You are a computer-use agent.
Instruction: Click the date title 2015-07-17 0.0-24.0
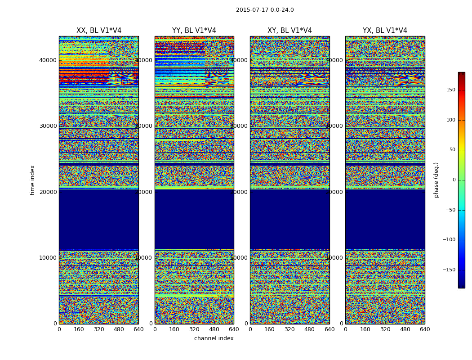[265, 10]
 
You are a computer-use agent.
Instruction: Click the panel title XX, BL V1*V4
[99, 31]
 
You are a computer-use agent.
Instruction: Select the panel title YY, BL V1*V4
[194, 31]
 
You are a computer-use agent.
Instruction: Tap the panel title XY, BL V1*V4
[289, 31]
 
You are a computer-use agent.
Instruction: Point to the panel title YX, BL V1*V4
[385, 31]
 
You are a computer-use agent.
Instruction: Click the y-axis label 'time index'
[32, 180]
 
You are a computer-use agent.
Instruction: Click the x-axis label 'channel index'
[214, 338]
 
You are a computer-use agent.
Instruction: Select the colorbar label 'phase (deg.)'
[436, 180]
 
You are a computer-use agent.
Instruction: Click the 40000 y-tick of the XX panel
[48, 60]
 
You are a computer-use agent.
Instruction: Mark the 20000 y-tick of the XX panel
[48, 192]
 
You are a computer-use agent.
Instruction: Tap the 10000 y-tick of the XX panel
[48, 258]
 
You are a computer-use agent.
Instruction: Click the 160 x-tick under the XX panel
[79, 329]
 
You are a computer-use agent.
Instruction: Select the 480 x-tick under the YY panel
[214, 329]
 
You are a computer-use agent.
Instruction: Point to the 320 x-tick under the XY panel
[289, 329]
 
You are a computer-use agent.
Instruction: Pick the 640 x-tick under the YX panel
[425, 329]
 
